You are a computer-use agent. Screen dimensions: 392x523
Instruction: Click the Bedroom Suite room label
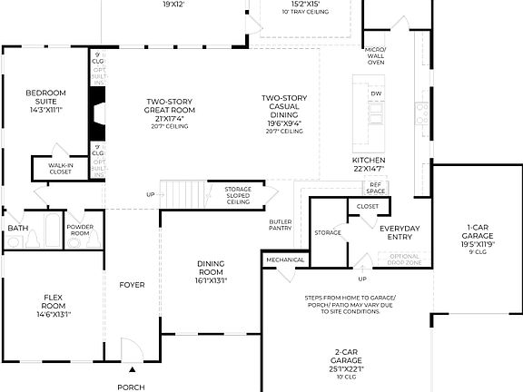pos(44,100)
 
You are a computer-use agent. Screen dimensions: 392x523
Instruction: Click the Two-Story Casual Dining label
pos(284,113)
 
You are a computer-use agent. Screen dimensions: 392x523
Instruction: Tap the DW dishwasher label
pos(375,93)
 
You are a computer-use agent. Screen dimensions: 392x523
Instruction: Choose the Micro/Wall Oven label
pos(376,55)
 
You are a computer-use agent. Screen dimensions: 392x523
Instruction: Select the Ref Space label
pos(376,189)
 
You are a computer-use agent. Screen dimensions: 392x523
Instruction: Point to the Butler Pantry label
pos(281,225)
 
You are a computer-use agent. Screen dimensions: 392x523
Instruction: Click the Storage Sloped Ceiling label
pos(238,195)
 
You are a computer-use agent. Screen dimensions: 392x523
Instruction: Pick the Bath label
pos(17,228)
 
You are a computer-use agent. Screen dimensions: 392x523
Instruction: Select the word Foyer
pos(132,285)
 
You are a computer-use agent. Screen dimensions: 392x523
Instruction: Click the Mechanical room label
pos(284,260)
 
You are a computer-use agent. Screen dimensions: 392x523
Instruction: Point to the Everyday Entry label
pos(400,232)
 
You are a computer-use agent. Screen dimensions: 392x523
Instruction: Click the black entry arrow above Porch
pos(132,369)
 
